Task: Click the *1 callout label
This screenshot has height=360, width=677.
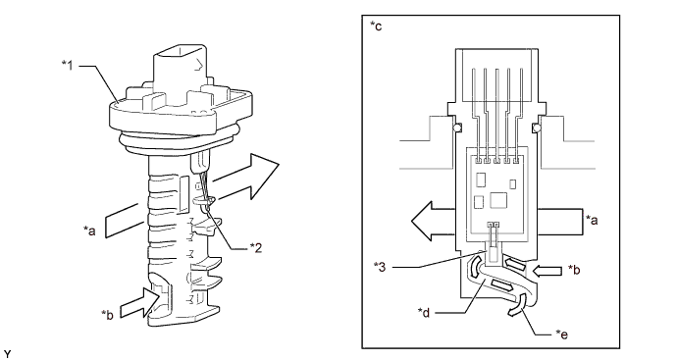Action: [x=67, y=66]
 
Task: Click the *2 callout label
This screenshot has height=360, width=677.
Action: [x=256, y=248]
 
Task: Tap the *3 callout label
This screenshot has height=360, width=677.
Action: [x=380, y=267]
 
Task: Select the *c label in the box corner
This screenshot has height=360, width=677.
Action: [x=376, y=26]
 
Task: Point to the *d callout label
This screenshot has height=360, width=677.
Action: [x=424, y=313]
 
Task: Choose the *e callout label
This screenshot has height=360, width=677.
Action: [x=561, y=334]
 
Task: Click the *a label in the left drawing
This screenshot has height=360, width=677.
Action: [x=89, y=231]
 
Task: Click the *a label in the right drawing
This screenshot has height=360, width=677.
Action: [x=592, y=220]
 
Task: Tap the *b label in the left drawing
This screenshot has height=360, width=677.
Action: [x=107, y=315]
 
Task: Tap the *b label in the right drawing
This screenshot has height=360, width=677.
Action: [x=574, y=270]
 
